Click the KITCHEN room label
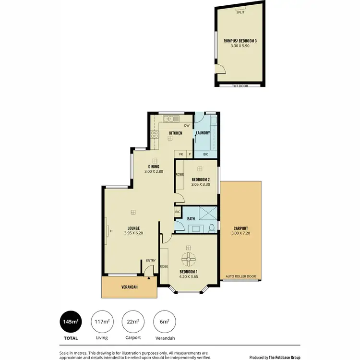[176, 132]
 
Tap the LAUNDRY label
[203, 132]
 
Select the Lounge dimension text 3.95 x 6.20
[133, 233]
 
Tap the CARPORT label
[240, 228]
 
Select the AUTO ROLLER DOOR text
[240, 277]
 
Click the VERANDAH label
[129, 287]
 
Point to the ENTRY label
[151, 261]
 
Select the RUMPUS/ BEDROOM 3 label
[240, 41]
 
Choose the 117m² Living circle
[102, 322]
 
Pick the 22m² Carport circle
[132, 322]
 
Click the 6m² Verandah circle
[163, 322]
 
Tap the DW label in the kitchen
[186, 125]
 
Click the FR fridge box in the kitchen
[181, 154]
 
